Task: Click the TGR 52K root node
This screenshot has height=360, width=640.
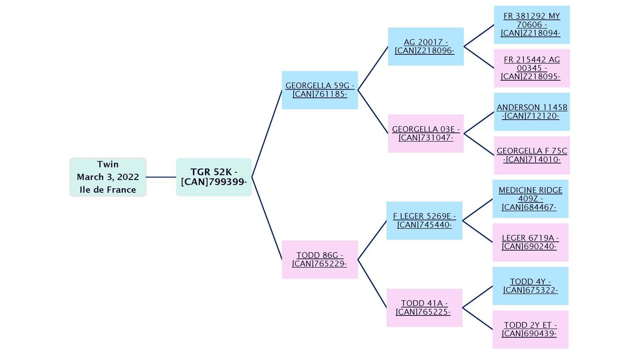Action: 213,177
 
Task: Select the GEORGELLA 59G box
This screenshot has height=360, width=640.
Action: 320,90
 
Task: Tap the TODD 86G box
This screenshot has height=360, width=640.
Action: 320,259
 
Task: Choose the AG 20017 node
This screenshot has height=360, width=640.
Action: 426,46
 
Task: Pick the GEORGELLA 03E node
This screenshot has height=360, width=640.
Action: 426,133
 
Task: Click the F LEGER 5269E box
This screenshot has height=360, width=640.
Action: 424,220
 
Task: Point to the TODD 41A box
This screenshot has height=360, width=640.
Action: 424,308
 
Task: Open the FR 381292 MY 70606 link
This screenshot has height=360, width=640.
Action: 532,24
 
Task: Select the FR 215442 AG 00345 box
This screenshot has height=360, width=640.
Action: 532,68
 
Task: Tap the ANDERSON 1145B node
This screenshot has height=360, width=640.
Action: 532,111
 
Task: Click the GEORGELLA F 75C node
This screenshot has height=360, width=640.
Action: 532,155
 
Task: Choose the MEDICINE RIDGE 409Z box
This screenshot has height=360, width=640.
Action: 530,199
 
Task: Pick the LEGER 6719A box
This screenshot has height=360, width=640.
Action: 530,242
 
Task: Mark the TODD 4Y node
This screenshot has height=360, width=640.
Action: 530,286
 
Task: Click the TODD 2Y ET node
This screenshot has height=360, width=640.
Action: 530,329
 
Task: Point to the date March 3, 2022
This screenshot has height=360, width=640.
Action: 108,177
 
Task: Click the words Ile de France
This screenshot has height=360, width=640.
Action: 108,190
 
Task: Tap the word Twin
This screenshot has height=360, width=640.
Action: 108,164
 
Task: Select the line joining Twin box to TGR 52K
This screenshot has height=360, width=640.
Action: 161,177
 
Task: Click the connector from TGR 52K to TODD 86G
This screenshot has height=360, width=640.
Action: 267,218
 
